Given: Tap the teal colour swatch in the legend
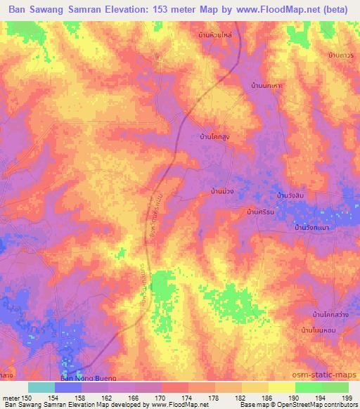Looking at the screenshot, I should click(41, 387).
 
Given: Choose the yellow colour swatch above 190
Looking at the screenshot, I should click(282, 387).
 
